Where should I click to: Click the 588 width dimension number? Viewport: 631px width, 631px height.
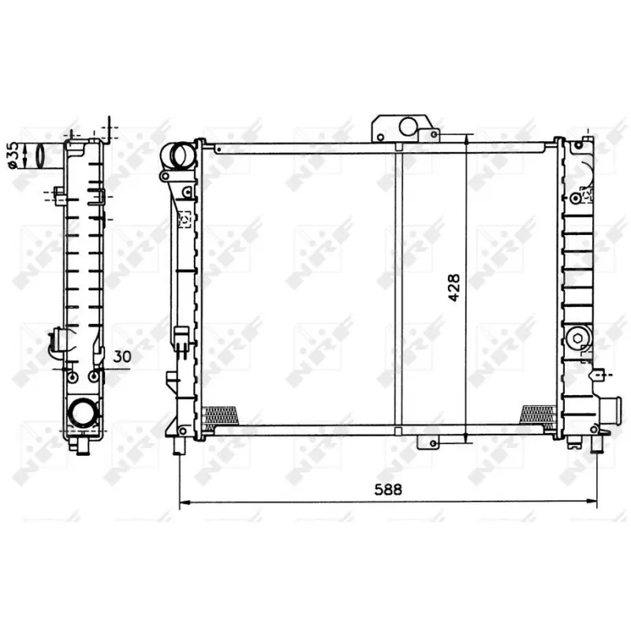(389, 489)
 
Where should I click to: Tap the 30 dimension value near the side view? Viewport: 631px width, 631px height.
(121, 357)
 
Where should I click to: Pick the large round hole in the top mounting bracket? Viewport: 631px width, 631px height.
(409, 126)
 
